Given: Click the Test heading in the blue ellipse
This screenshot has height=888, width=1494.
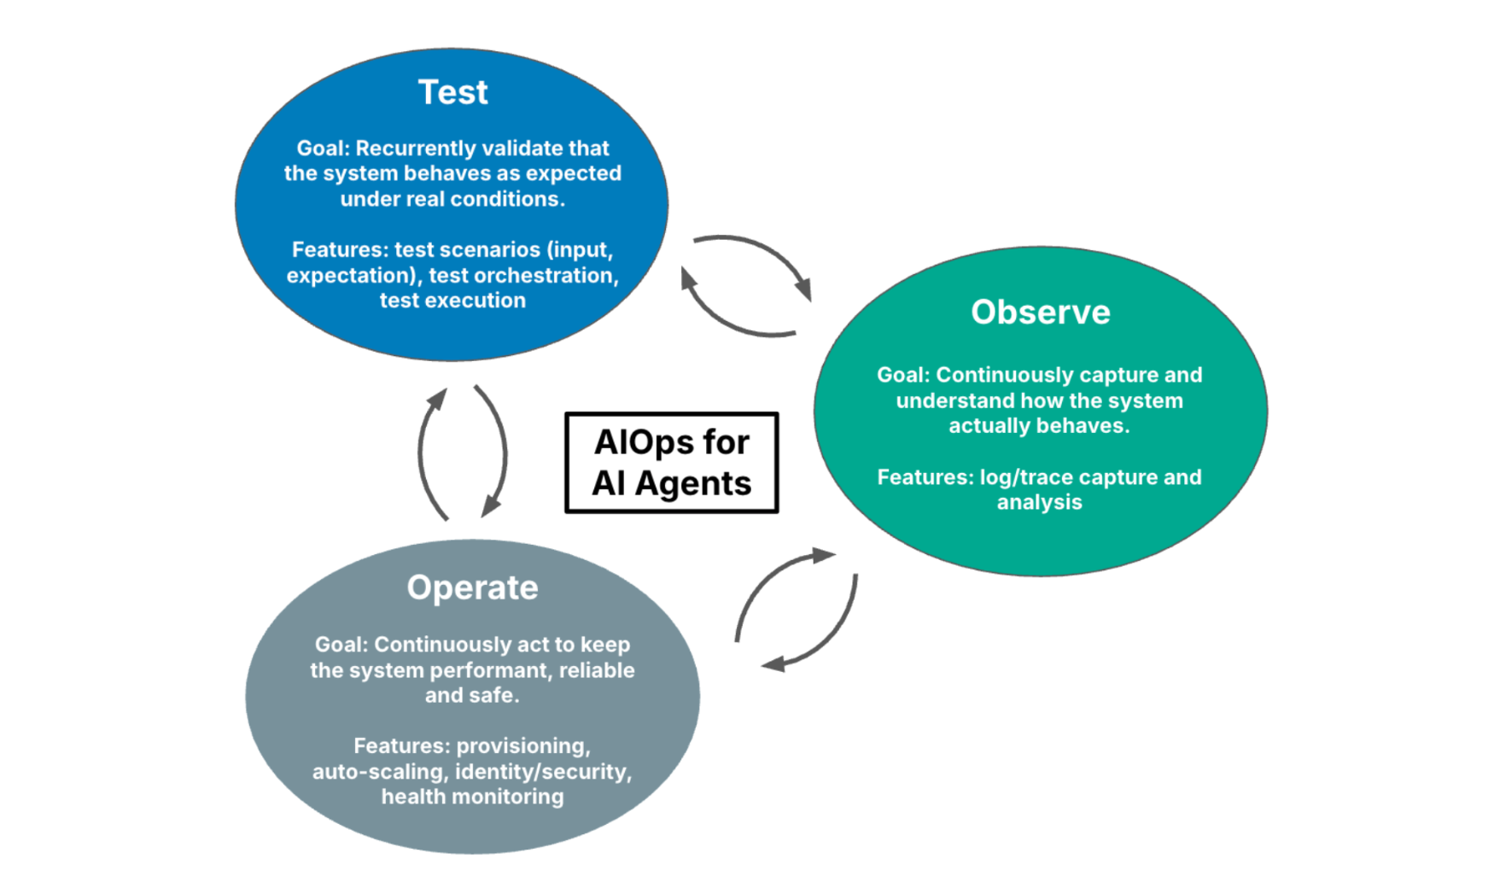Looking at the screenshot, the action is click(452, 92).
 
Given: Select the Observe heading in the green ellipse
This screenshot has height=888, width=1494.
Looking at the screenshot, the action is click(1041, 313).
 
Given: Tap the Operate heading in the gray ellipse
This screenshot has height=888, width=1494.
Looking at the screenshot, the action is click(472, 588).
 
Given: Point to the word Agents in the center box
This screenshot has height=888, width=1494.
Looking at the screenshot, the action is click(693, 483).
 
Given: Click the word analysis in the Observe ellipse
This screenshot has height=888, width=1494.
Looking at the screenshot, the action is click(1040, 503).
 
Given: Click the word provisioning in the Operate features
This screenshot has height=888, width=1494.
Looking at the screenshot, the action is click(523, 746).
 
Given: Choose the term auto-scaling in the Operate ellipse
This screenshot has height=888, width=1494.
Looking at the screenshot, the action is click(380, 772).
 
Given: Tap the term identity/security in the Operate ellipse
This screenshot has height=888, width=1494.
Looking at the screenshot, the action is click(544, 772).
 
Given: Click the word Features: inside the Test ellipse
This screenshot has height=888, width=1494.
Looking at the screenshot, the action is click(340, 250).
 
